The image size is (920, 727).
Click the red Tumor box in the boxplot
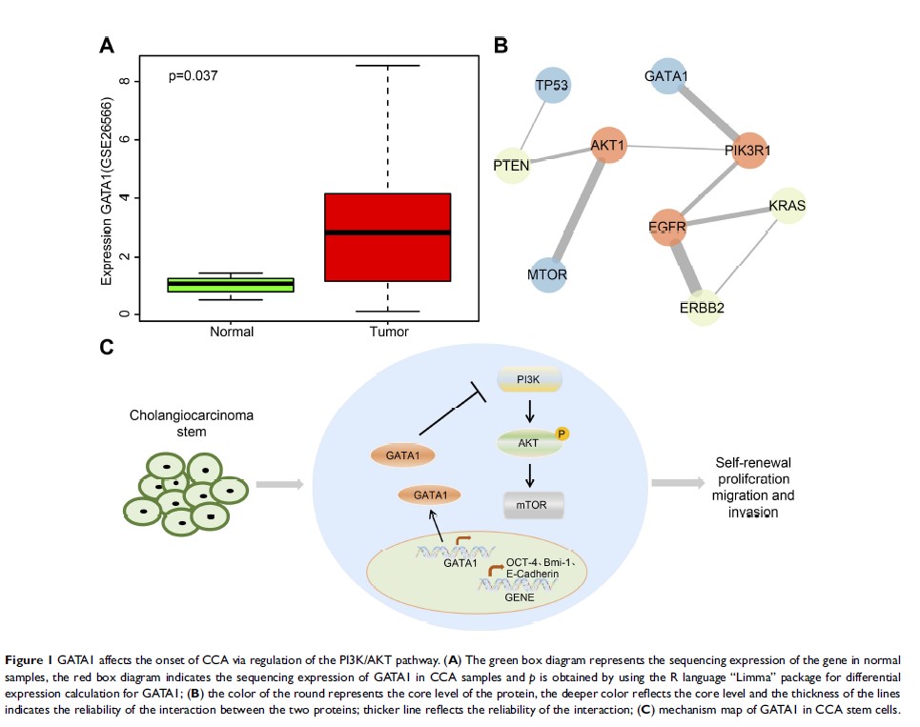pyautogui.click(x=387, y=237)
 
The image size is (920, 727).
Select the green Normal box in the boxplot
pyautogui.click(x=229, y=284)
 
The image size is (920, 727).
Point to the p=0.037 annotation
pyautogui.click(x=194, y=74)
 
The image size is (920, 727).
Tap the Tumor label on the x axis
pyautogui.click(x=387, y=332)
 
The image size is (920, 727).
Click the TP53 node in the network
pyautogui.click(x=552, y=87)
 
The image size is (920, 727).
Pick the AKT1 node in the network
pyautogui.click(x=607, y=146)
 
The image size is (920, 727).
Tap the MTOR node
pyautogui.click(x=547, y=275)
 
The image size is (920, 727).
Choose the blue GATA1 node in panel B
pyautogui.click(x=667, y=75)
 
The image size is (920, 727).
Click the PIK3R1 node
pyautogui.click(x=747, y=151)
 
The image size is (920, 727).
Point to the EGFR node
pyautogui.click(x=667, y=228)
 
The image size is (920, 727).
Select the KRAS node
pyautogui.click(x=787, y=205)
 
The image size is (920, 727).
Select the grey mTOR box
pyautogui.click(x=533, y=504)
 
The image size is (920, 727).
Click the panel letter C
pyautogui.click(x=108, y=347)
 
